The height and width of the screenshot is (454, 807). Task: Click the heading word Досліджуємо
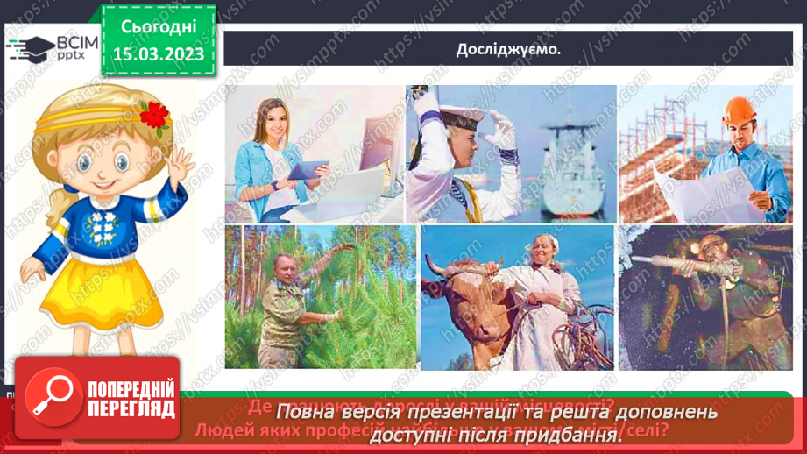click(508, 49)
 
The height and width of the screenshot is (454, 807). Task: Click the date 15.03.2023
click(159, 54)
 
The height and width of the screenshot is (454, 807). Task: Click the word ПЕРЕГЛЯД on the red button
click(131, 409)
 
